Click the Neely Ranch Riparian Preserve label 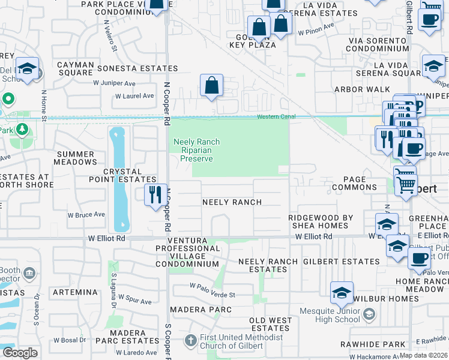(x=197, y=150)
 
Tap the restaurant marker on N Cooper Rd (x=155, y=195)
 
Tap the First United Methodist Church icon (x=190, y=341)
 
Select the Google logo (x=20, y=353)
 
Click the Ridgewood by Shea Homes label (x=318, y=221)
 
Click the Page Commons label (x=351, y=183)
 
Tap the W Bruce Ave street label (x=86, y=214)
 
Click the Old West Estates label (x=270, y=324)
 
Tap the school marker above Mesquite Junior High (x=342, y=293)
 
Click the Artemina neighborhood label (x=74, y=292)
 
